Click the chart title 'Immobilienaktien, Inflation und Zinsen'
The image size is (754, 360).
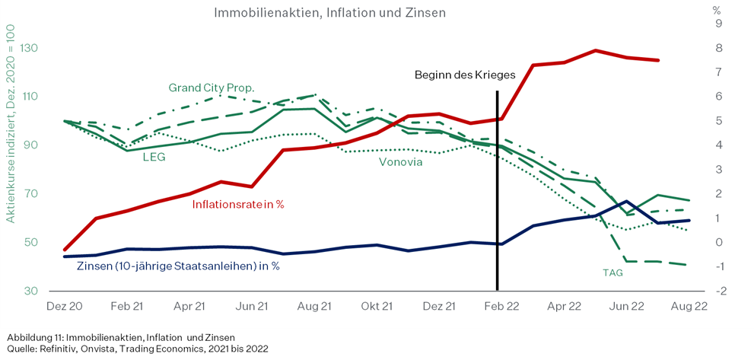[x=329, y=13]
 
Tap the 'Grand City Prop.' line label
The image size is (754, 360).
[x=212, y=88]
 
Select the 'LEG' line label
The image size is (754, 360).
[x=154, y=158]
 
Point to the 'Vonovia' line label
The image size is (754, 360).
[x=401, y=162]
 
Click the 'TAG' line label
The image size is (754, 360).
[x=612, y=272]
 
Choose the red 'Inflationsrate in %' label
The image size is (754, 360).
[x=238, y=204]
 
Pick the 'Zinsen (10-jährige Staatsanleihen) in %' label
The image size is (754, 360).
[x=178, y=266]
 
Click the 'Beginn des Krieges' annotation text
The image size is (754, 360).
[x=465, y=75]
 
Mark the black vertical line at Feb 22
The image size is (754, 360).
[x=497, y=190]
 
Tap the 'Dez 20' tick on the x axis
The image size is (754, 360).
[x=64, y=306]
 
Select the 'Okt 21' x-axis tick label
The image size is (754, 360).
[x=377, y=306]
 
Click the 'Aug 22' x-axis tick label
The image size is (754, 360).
[x=689, y=306]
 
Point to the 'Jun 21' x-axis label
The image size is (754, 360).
[x=252, y=306]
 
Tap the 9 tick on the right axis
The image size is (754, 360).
[x=718, y=24]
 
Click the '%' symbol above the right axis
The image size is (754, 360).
[x=717, y=10]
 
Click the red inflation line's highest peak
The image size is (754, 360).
[x=596, y=50]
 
